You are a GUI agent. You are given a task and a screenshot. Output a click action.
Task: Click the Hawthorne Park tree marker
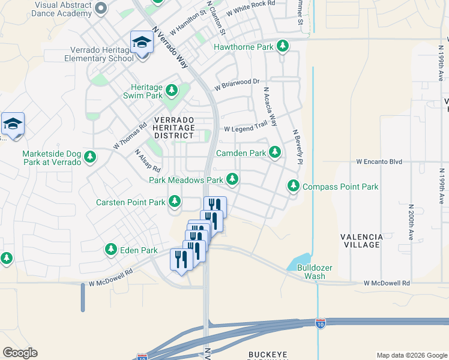(282, 46)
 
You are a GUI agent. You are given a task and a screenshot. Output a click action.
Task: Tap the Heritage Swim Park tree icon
(172, 91)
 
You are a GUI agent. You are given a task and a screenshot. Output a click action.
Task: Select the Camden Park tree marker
(274, 152)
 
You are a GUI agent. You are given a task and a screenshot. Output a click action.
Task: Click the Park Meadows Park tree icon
(232, 179)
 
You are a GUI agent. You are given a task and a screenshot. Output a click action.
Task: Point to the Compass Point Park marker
(294, 186)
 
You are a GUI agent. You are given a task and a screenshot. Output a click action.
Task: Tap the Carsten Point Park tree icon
(175, 202)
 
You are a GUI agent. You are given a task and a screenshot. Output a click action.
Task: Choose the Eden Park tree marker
(111, 249)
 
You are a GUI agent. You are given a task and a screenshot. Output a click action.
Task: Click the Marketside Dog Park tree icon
(90, 157)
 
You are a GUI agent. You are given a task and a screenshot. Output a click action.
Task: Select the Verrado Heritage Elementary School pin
(142, 43)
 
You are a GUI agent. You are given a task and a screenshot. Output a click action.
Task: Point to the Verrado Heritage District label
(173, 128)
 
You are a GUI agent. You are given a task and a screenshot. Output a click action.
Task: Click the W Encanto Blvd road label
(379, 162)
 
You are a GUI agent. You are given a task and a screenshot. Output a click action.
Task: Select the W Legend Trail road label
(246, 128)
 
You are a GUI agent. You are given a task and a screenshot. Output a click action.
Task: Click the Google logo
(20, 353)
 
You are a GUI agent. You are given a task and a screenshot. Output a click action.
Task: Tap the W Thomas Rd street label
(130, 137)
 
